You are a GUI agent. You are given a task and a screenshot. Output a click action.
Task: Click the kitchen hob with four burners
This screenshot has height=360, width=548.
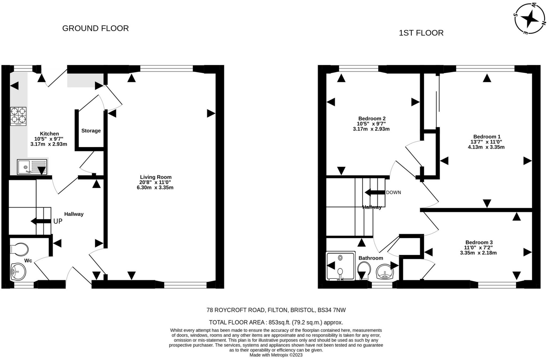[18, 116]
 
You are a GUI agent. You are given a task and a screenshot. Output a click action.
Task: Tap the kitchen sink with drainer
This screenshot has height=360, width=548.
[32, 167]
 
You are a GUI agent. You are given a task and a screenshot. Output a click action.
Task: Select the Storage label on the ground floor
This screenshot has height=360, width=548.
[91, 131]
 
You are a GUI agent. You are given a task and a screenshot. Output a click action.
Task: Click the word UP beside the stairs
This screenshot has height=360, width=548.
[58, 221]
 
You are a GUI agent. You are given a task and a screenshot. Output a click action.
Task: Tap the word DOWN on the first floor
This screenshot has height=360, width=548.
[393, 192]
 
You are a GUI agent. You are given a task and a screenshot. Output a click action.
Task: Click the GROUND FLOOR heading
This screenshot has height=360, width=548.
[96, 28]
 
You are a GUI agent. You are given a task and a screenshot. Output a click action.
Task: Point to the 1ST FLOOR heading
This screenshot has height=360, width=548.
[421, 33]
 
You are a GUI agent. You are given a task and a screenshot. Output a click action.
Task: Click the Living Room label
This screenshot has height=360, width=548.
[156, 177]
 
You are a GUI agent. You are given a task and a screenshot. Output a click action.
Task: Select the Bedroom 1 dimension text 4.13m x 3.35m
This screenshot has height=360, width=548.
[486, 147]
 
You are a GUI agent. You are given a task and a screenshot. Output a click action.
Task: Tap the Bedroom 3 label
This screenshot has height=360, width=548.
[479, 243]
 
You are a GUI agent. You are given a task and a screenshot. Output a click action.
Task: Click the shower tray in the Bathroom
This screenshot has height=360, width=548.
[341, 266]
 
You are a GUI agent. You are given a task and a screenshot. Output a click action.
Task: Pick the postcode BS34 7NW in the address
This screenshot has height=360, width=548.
[332, 310]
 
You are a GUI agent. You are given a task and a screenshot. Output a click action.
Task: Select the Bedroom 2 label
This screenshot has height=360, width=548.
[372, 118]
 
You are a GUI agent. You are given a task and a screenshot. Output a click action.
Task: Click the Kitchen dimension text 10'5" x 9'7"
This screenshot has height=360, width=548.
[49, 139]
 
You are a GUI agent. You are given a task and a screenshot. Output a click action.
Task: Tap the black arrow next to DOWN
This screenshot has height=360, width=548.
[375, 192]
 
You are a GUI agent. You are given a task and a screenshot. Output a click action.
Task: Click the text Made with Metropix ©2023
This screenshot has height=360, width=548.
[276, 355]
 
